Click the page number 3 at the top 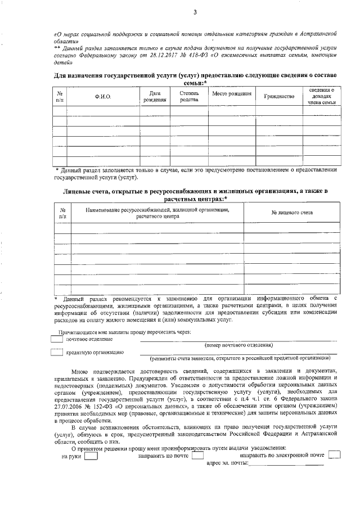195,12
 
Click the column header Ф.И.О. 103,97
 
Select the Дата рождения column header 155,96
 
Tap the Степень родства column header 189,96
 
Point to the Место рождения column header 231,93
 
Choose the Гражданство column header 279,97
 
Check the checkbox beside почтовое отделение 56,339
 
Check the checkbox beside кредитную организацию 56,352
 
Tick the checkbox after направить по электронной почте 334,454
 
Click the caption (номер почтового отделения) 239,345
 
